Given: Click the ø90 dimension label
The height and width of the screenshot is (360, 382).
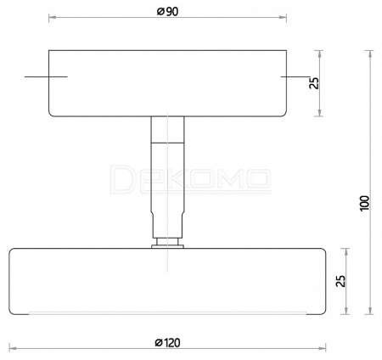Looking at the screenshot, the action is point(168,12).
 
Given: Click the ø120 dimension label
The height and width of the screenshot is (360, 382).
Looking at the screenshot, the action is point(167,342).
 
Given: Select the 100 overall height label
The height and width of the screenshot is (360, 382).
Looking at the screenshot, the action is point(365,203).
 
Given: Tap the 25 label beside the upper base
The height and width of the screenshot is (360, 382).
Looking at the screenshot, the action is point(314,83).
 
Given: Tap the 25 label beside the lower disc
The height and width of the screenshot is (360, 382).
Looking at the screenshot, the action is point(340,281).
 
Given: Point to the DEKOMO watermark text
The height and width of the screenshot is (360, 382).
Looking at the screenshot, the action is point(190,179).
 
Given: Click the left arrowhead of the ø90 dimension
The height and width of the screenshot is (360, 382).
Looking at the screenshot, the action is point(52,18).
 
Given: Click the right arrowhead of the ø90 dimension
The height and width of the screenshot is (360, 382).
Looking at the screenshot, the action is point(283,18).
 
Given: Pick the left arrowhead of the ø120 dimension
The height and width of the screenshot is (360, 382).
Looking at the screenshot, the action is point(13,348).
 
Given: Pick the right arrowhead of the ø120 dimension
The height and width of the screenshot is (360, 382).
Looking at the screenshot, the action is point(323,348).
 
